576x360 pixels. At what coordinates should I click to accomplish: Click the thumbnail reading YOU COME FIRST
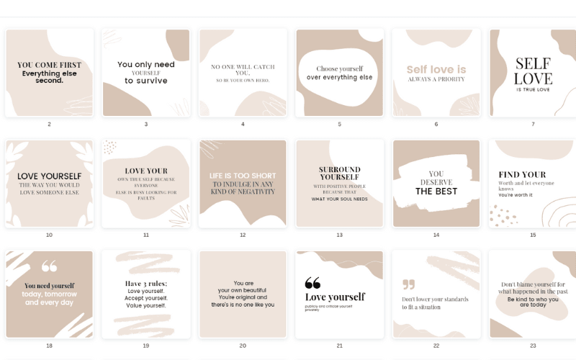(49, 72)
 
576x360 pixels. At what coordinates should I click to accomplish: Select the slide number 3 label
(146, 124)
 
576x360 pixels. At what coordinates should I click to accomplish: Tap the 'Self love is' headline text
(436, 69)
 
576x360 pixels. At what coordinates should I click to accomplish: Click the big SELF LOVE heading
(533, 71)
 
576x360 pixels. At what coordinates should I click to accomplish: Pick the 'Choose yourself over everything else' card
(339, 73)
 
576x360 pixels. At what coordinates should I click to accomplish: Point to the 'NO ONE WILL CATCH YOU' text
(242, 70)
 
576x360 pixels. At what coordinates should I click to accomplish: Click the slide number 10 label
(49, 235)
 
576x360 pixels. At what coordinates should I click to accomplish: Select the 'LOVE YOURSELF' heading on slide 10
(49, 176)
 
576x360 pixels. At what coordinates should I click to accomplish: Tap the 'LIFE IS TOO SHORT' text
(243, 176)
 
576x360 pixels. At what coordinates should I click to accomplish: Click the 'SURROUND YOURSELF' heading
(339, 173)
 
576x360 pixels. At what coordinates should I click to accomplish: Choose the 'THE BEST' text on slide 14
(436, 192)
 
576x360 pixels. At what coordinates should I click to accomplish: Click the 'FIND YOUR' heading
(522, 174)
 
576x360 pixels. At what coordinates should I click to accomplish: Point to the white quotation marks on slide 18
(49, 266)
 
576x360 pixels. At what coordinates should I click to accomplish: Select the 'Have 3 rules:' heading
(146, 283)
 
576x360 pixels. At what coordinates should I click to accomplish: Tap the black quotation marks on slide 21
(312, 283)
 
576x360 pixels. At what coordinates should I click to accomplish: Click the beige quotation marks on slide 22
(409, 284)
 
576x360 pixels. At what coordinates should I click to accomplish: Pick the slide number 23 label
(533, 346)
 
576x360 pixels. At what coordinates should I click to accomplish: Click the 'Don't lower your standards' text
(435, 299)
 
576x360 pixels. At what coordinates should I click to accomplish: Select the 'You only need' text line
(146, 64)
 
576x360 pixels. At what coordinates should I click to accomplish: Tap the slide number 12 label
(243, 235)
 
